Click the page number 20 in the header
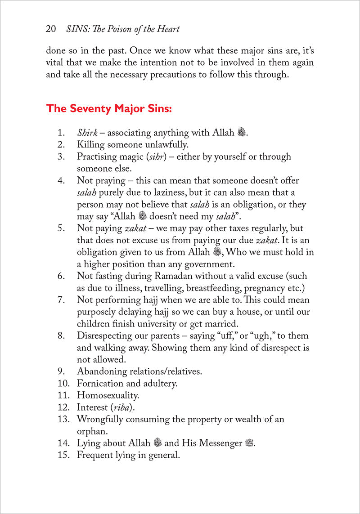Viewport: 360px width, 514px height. pos(50,30)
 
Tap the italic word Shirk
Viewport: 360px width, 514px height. pos(85,133)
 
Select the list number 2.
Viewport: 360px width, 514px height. pos(61,145)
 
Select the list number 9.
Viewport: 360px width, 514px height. pos(61,372)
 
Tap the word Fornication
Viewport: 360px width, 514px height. pos(100,384)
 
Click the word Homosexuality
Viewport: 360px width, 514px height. pos(108,396)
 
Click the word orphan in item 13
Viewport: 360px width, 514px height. pos(92,432)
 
